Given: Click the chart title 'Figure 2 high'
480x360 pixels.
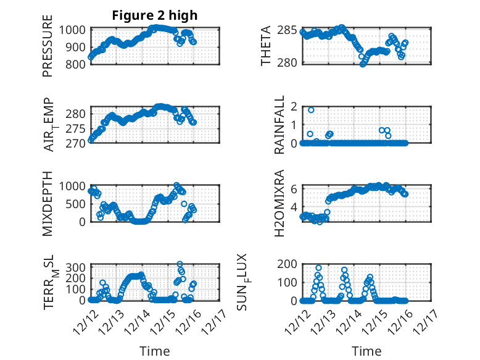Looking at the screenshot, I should (x=155, y=15).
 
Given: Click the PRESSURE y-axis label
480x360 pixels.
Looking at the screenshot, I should (x=48, y=50).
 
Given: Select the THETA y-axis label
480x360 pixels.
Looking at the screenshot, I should (x=266, y=46).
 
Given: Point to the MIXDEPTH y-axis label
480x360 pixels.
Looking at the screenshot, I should (x=48, y=203).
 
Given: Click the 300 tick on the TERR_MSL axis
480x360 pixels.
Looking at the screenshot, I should (x=77, y=267).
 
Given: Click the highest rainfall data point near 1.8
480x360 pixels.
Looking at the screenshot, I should (x=311, y=110).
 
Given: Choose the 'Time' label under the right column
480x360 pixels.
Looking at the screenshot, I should (x=366, y=351).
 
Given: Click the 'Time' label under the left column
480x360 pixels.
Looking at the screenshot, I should (x=155, y=351).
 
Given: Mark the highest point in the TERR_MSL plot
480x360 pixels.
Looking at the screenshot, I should (x=180, y=264).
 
